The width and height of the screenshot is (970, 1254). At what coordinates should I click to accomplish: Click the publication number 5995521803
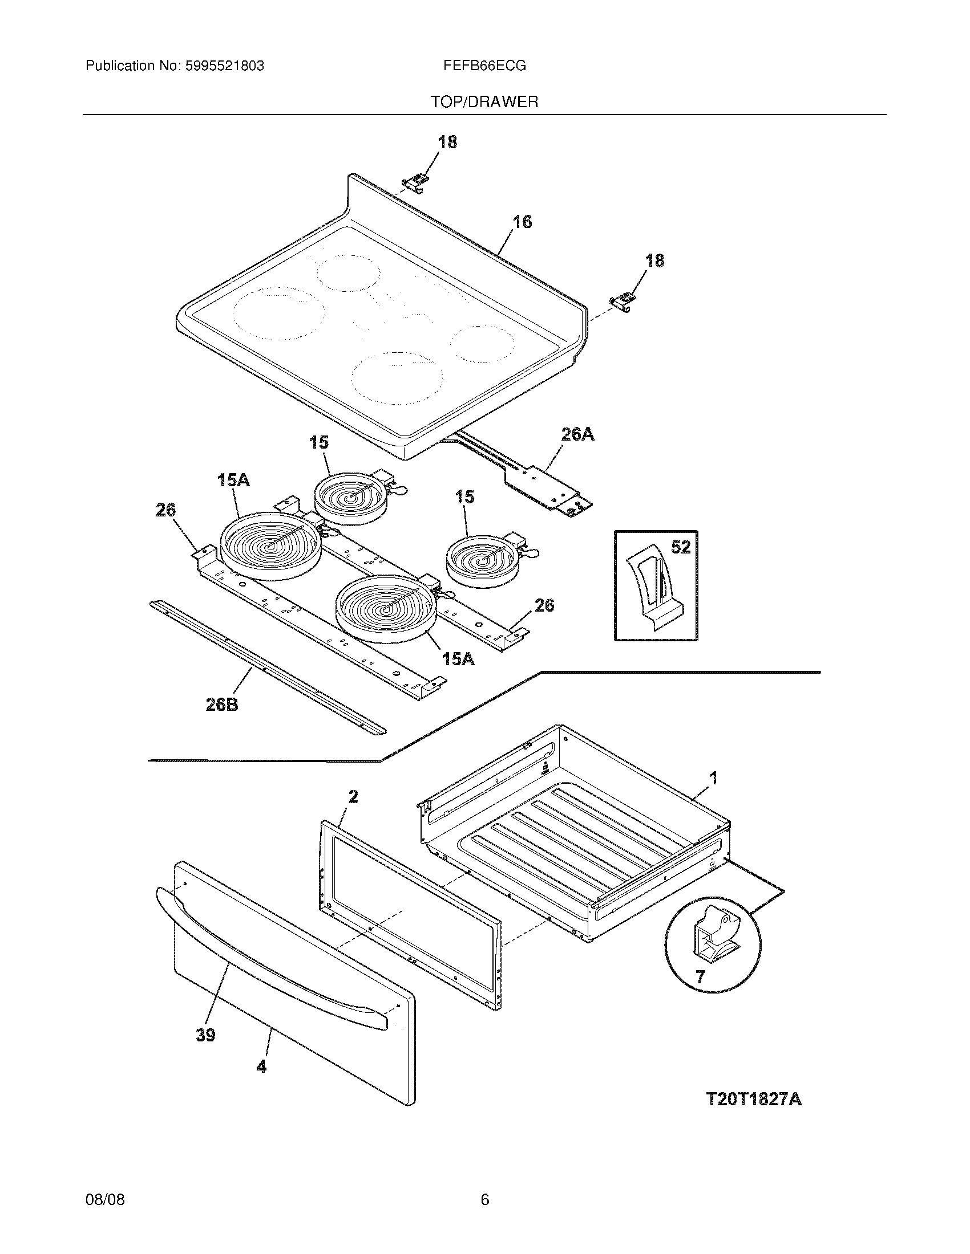click(225, 66)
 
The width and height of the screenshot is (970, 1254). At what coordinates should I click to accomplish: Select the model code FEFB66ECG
click(484, 66)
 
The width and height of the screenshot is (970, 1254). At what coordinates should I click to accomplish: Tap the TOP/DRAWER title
click(484, 102)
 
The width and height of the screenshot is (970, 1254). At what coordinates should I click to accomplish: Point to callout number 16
click(522, 222)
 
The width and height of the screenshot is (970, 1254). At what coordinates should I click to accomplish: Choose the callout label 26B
click(222, 704)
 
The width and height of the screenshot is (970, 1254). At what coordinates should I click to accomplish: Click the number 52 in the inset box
click(680, 548)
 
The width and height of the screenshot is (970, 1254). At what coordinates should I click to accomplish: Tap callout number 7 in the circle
click(700, 976)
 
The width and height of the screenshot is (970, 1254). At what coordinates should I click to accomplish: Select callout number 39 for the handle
click(205, 1035)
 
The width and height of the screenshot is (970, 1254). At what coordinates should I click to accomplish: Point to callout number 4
click(261, 1066)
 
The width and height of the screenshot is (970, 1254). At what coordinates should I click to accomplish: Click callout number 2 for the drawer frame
click(353, 796)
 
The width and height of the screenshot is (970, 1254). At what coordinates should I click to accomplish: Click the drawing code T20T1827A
click(753, 1099)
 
